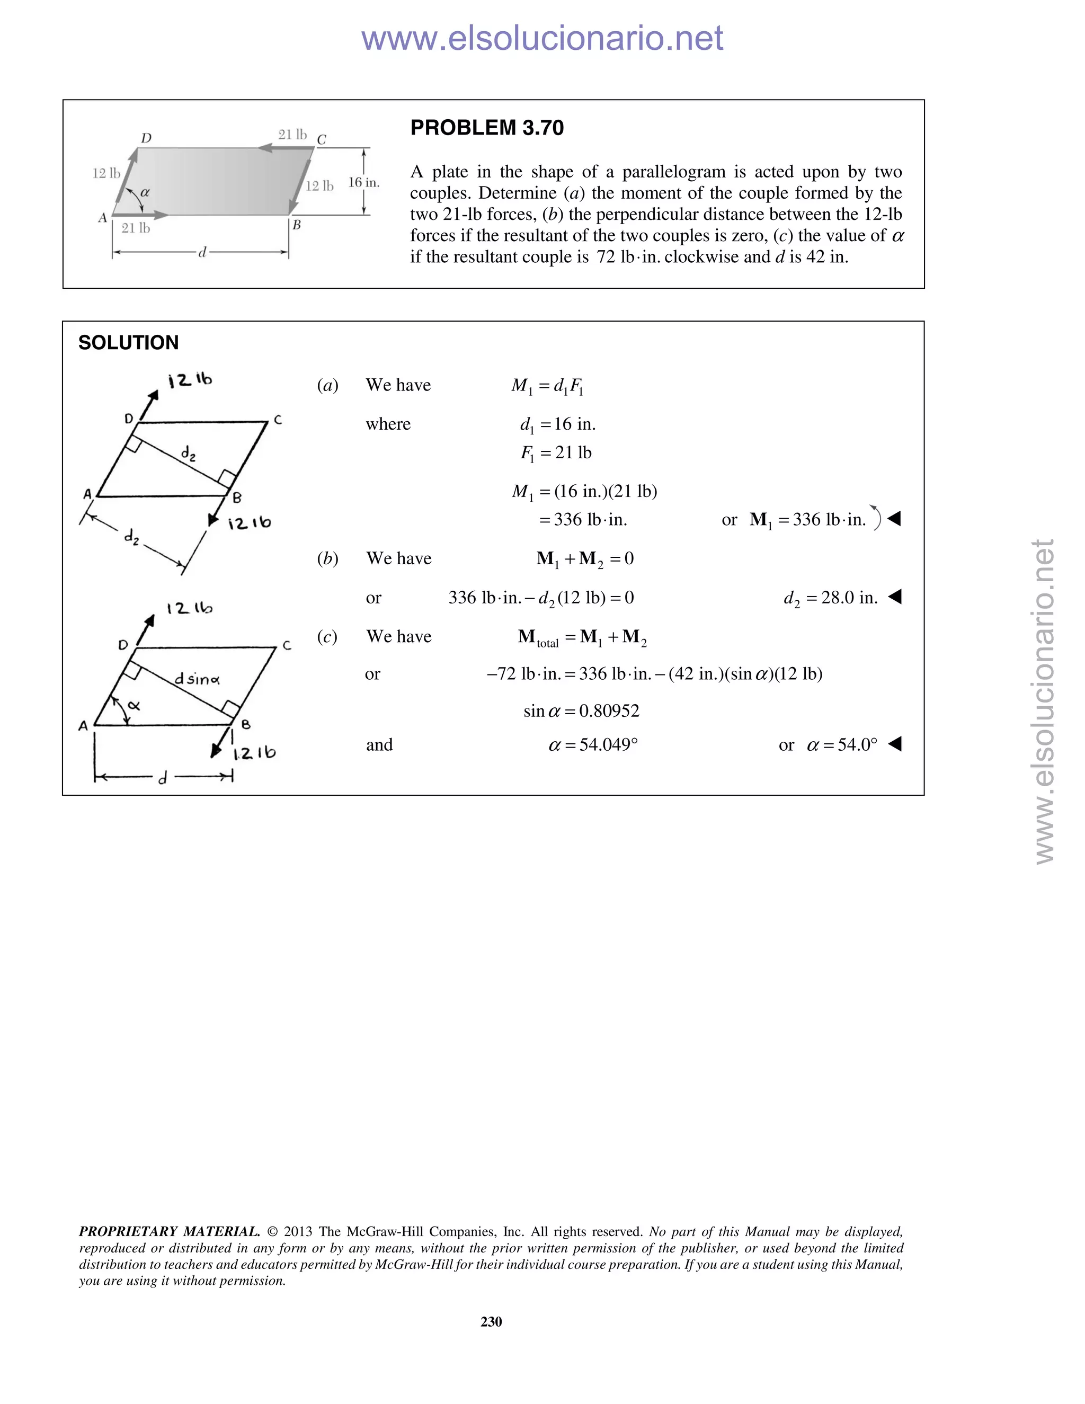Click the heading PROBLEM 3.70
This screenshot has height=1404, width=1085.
click(x=486, y=128)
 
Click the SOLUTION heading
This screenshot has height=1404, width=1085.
click(x=129, y=343)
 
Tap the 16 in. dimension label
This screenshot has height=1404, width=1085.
click(x=364, y=183)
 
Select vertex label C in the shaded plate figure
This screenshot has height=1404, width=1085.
click(x=322, y=139)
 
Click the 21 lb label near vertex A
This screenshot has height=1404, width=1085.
click(x=136, y=228)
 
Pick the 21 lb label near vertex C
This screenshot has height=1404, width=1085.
click(x=292, y=135)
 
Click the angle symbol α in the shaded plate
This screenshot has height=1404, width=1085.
click(x=145, y=192)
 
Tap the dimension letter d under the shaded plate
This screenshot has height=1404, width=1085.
click(x=202, y=253)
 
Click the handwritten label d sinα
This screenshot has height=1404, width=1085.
click(x=197, y=679)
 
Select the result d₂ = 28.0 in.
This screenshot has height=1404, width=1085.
click(x=831, y=598)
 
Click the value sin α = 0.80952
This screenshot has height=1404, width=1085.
click(x=581, y=711)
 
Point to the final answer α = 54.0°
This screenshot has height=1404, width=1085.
click(x=841, y=745)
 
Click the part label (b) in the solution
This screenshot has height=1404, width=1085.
click(x=328, y=558)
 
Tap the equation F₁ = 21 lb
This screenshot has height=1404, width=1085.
click(x=556, y=453)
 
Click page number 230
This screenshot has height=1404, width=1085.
click(x=491, y=1321)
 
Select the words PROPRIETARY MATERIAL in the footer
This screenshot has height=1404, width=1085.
click(x=169, y=1231)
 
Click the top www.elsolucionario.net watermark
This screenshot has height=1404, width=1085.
click(x=542, y=38)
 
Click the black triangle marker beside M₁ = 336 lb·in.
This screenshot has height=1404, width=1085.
click(x=894, y=518)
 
